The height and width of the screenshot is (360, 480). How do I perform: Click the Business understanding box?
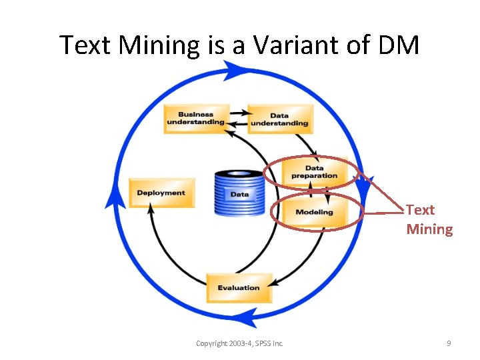point(196,119)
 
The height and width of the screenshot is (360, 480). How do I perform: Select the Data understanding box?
point(279,119)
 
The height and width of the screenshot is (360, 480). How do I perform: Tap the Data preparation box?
point(314,172)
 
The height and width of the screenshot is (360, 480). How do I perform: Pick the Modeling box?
point(314,212)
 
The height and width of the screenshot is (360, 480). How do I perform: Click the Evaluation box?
point(239,287)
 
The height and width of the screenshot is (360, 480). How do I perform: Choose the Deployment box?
point(161,193)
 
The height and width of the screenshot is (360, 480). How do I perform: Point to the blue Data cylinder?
point(239,193)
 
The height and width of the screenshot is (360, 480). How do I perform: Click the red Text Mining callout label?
point(429,219)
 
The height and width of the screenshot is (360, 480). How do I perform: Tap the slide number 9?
point(449,343)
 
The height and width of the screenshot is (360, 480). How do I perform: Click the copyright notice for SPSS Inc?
point(239,343)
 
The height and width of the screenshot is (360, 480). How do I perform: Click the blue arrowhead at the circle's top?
point(235,69)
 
